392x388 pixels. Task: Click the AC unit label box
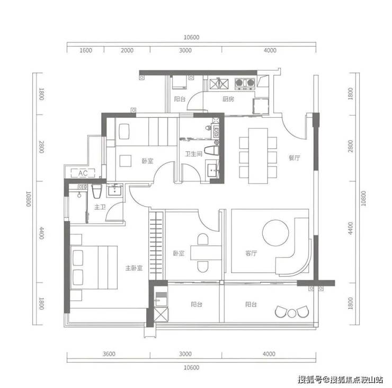[x=83, y=173]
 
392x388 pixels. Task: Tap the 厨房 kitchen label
[x=228, y=99]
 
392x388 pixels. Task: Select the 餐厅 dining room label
[x=294, y=157]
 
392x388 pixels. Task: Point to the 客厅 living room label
[x=251, y=253]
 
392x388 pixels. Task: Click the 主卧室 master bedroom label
[x=134, y=268]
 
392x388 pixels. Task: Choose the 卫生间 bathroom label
[x=193, y=154]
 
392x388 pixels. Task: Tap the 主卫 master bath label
[x=100, y=207]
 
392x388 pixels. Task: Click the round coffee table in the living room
[x=275, y=233]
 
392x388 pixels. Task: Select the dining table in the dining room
[x=258, y=156]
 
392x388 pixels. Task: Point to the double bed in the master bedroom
[x=94, y=268]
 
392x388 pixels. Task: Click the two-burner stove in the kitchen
[x=245, y=84]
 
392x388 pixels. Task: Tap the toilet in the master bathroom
[x=96, y=191]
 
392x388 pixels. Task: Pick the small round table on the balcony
[x=292, y=313]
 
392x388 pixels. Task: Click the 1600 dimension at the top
[x=86, y=50]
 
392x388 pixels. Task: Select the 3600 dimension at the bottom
[x=109, y=354]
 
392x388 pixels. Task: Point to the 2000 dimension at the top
[x=127, y=50]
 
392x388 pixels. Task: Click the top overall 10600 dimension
[x=192, y=37]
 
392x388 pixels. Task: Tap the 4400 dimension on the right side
[x=351, y=228]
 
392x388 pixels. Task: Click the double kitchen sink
[x=219, y=84]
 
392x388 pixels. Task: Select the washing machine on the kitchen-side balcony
[x=179, y=83]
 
